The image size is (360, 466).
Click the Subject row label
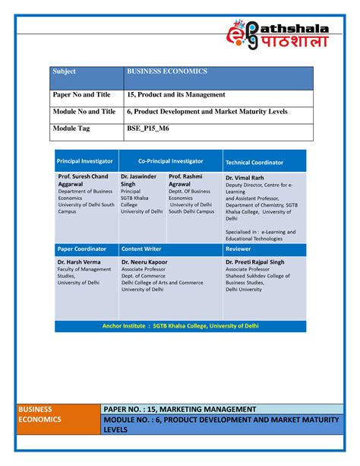point(64,71)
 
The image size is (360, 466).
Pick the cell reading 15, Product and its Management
point(175,95)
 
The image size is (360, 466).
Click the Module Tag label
point(71,128)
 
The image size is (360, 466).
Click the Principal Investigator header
point(85,162)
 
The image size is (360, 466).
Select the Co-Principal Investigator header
point(171,161)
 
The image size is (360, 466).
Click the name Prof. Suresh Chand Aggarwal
point(83,180)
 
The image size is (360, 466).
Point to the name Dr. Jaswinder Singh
point(139,180)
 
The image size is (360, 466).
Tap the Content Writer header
point(141,249)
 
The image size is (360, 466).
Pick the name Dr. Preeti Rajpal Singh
point(255,262)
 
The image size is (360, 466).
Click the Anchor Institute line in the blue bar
point(181,326)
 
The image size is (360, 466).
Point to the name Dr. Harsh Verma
point(80,262)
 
